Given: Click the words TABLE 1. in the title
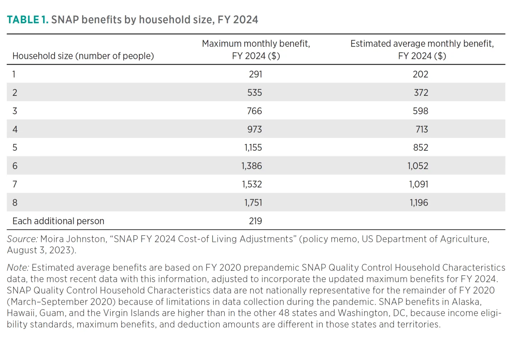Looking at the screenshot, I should (27, 20).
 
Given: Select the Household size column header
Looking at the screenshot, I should (83, 56).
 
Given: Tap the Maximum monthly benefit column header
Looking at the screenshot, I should (256, 50).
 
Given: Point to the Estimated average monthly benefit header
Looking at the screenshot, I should (422, 50).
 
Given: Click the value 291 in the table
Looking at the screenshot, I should (255, 74).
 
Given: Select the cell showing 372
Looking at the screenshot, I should (421, 93).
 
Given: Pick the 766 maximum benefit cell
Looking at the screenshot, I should (254, 111).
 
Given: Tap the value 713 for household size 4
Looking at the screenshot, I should (421, 129).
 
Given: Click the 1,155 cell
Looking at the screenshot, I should (253, 148).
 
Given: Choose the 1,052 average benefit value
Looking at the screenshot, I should (418, 166).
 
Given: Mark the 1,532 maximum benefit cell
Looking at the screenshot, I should (252, 184).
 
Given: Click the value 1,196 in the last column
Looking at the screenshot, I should (419, 203).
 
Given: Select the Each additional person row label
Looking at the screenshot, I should (58, 221).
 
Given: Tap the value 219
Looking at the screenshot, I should (255, 221).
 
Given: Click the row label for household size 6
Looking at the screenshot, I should (15, 166).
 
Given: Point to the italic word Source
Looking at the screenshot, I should (22, 239).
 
